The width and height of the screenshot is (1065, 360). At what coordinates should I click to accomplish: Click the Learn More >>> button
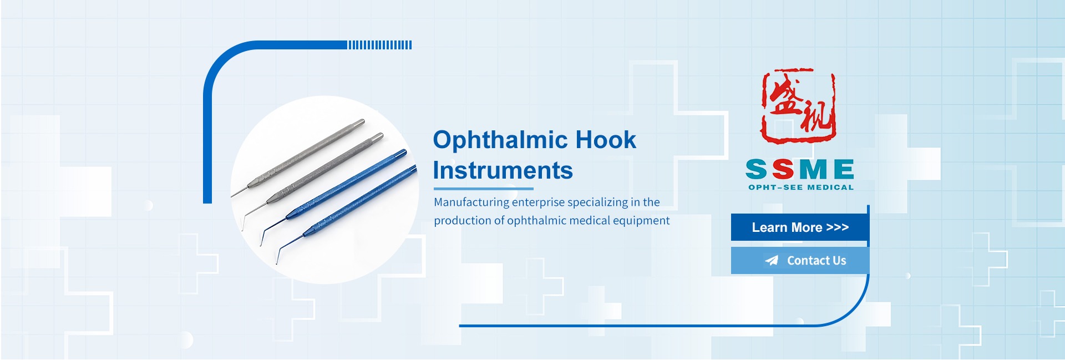pyautogui.click(x=800, y=227)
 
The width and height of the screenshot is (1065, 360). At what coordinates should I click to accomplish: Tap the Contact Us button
pyautogui.click(x=800, y=260)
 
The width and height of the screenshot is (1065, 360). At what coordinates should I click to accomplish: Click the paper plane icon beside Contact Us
pyautogui.click(x=772, y=260)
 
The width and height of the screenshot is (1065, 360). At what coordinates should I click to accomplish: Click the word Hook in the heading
pyautogui.click(x=606, y=140)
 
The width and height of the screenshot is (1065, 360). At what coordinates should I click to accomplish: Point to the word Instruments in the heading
pyautogui.click(x=503, y=170)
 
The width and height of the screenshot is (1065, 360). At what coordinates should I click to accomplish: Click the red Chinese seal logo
pyautogui.click(x=798, y=105)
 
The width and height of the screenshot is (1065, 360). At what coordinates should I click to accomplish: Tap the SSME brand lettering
pyautogui.click(x=800, y=169)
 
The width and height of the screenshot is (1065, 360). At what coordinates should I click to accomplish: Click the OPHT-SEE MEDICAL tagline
pyautogui.click(x=801, y=187)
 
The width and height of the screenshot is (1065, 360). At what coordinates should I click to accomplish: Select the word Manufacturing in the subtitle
pyautogui.click(x=471, y=202)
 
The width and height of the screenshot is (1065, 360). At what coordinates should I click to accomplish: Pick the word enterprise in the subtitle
pyautogui.click(x=538, y=202)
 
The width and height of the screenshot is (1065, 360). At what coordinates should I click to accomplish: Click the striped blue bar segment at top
pyautogui.click(x=380, y=45)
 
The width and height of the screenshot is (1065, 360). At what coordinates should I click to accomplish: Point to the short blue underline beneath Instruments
pyautogui.click(x=483, y=189)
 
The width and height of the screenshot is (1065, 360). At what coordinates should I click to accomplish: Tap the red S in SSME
pyautogui.click(x=783, y=169)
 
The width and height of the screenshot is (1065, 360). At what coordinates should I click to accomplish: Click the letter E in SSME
pyautogui.click(x=844, y=169)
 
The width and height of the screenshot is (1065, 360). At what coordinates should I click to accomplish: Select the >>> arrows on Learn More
pyautogui.click(x=838, y=227)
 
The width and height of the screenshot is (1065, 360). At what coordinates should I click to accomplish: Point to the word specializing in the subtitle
pyautogui.click(x=597, y=202)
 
